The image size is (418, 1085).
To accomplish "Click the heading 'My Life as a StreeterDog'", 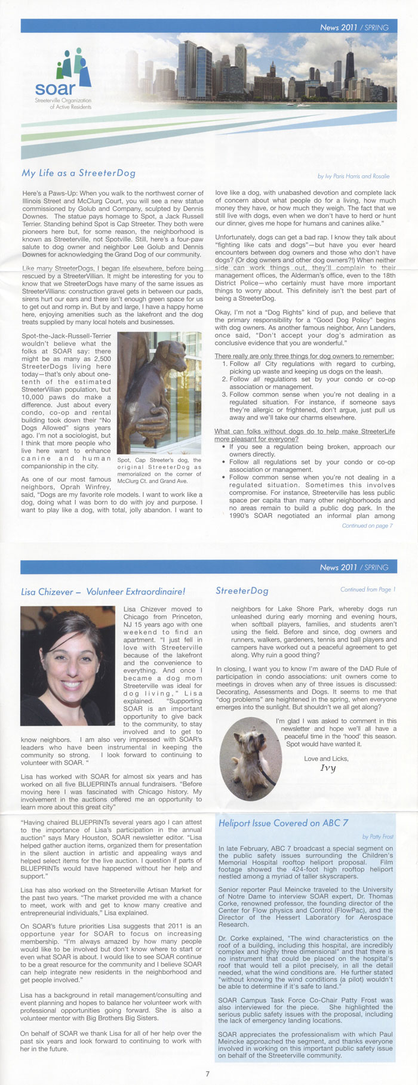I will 78,173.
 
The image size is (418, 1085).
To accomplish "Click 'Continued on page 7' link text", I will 367,526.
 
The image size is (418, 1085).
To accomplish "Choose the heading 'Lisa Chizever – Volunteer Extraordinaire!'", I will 103,592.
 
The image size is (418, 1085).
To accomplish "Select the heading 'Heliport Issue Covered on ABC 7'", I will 283,823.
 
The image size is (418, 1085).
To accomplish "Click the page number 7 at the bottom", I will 207,1074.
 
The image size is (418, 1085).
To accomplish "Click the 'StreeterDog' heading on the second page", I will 242,591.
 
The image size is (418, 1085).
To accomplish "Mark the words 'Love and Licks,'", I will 326,759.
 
